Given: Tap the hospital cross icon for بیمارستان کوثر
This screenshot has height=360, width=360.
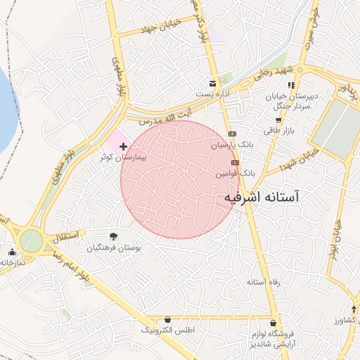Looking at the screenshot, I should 124,147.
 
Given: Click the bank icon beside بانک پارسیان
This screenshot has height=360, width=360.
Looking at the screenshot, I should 233,134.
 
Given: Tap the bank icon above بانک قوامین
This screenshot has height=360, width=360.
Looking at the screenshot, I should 235,162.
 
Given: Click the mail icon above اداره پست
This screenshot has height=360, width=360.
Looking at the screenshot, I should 212,83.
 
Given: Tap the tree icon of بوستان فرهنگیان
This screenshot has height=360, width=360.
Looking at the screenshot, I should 114,238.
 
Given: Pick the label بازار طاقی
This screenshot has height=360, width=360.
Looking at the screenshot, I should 278,131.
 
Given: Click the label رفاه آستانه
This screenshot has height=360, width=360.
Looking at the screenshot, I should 263,282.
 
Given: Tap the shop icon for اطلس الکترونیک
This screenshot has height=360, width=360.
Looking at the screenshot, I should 167,319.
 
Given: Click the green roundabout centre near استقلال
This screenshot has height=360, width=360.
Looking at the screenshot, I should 31,240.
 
